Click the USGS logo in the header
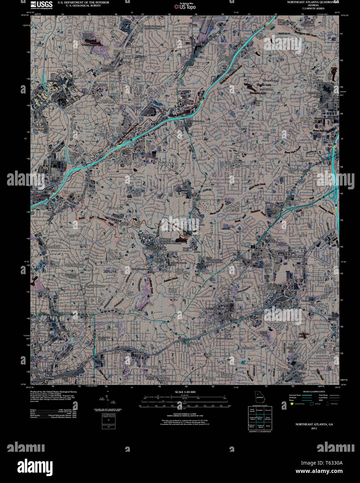click(42, 5)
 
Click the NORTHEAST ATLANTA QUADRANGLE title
click(313, 2)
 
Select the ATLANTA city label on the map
click(167, 164)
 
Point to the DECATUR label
click(217, 311)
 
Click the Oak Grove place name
click(239, 162)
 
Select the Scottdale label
click(299, 265)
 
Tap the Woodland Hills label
click(116, 208)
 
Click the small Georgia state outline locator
click(259, 396)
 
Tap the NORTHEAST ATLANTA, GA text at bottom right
click(314, 425)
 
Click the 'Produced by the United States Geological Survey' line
click(53, 392)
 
